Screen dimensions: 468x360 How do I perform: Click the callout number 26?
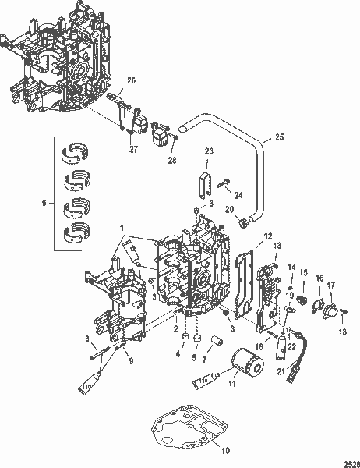(x=130, y=80)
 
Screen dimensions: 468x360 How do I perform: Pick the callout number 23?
(x=208, y=151)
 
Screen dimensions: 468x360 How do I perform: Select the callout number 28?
(x=172, y=161)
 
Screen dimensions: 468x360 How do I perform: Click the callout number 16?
(x=319, y=277)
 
